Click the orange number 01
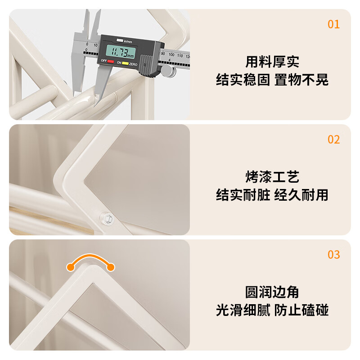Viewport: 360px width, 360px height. tap(333, 24)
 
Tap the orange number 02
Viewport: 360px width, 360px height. tap(333, 139)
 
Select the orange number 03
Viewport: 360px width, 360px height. tap(333, 255)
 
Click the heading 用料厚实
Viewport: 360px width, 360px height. tap(272, 62)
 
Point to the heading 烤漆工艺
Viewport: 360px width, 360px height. tap(272, 176)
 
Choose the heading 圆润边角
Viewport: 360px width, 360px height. tap(272, 292)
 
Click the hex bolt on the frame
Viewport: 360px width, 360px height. tap(107, 218)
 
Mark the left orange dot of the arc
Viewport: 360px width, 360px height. tap(70, 267)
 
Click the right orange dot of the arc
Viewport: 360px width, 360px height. tap(110, 267)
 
